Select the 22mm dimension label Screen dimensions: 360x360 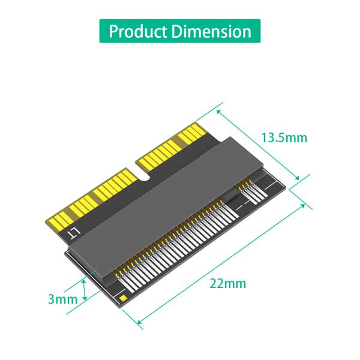coord(228,283)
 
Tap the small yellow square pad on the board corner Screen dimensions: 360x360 coord(122,297)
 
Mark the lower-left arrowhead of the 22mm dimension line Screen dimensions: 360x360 coord(141,323)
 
